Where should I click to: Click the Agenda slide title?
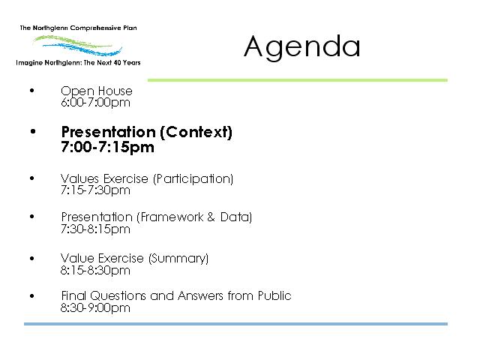tap(301, 46)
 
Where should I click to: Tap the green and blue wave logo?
tap(78, 45)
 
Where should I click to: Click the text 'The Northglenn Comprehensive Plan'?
tap(78, 28)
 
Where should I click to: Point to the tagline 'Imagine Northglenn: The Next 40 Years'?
tap(78, 63)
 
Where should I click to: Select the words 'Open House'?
tap(97, 91)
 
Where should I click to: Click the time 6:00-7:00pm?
tap(95, 103)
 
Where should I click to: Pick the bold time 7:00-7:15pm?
tap(107, 147)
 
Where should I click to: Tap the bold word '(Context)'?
tap(196, 132)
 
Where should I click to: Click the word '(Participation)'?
tap(193, 178)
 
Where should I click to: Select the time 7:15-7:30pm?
tap(95, 190)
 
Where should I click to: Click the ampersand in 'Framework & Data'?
tap(211, 217)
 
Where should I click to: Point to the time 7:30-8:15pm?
tap(95, 229)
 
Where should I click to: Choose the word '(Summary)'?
tap(178, 259)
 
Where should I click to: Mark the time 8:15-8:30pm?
tap(95, 271)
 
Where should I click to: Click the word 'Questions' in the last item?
tap(118, 296)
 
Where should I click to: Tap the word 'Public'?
tap(274, 295)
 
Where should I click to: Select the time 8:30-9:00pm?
tap(95, 308)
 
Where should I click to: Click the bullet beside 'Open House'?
tap(32, 90)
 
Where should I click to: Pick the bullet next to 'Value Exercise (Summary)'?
tap(32, 258)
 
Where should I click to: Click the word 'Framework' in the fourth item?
tap(172, 217)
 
